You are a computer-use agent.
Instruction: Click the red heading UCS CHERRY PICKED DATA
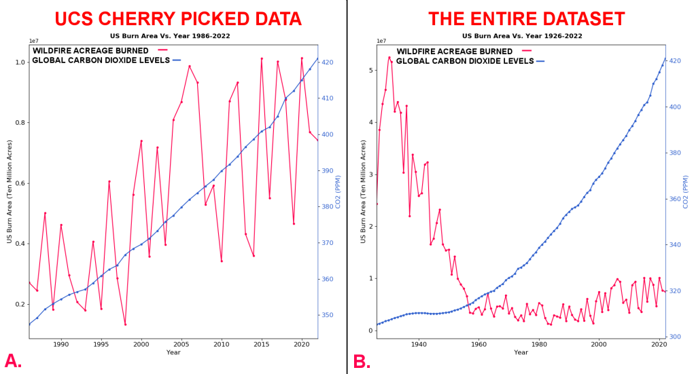178,19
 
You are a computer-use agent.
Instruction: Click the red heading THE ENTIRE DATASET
526,19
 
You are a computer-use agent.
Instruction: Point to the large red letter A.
14,360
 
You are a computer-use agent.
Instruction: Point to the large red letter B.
361,360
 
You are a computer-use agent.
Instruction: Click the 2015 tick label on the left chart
261,345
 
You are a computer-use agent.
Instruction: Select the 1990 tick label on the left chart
61,345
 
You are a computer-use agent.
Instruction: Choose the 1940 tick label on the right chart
419,345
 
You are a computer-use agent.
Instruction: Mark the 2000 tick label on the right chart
599,345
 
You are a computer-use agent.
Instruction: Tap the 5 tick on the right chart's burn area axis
369,70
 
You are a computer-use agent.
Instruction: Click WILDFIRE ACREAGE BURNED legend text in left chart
90,50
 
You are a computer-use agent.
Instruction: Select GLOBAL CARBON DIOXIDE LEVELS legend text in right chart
464,61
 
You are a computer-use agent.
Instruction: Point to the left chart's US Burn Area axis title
10,196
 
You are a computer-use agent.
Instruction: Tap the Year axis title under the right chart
521,353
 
